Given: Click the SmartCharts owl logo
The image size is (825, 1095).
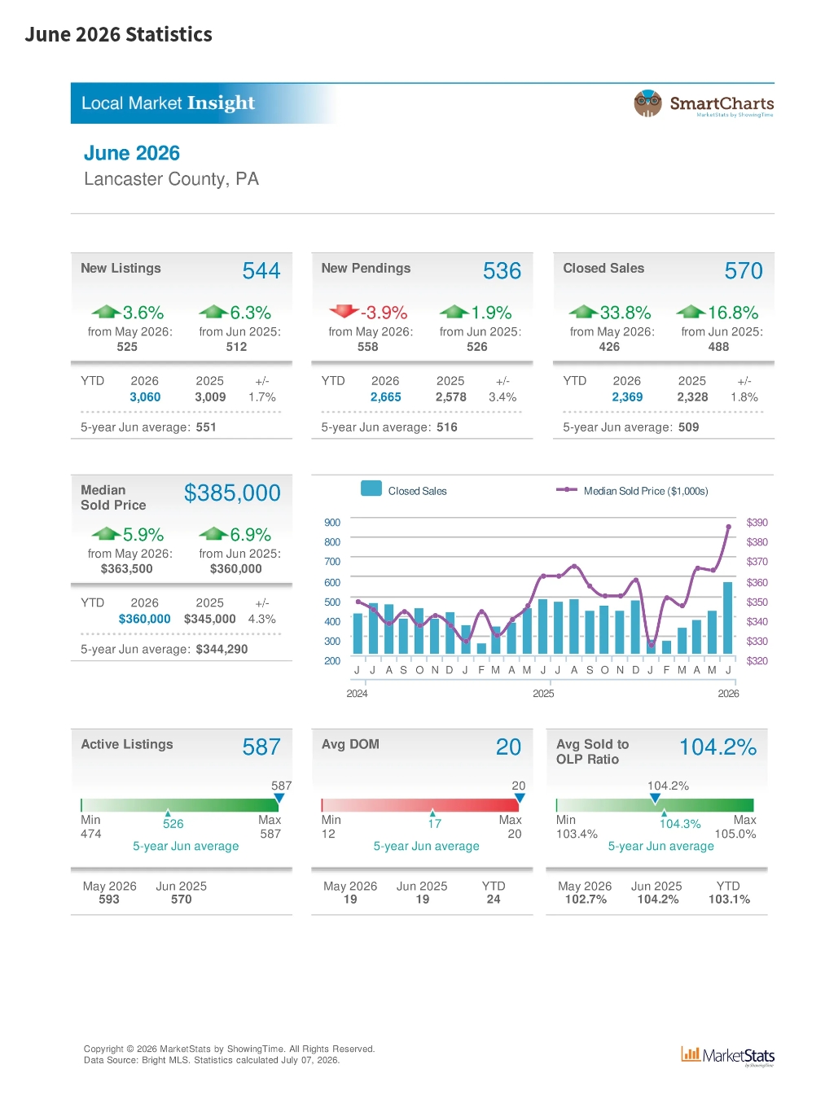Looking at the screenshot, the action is pos(647,103).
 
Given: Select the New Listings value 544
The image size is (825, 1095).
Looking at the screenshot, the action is pos(261,270).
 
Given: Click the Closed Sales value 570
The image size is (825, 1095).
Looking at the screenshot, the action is pos(744,270).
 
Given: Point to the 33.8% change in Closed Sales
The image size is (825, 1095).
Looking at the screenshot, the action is pos(625,313).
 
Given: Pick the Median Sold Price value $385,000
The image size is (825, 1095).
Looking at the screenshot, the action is pos(232,493).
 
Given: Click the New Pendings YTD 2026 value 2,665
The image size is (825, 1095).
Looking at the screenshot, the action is pos(385,396).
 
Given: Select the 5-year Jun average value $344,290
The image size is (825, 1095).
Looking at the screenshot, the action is pos(222,649).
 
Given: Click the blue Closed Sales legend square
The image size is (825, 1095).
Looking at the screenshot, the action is pos(371,488).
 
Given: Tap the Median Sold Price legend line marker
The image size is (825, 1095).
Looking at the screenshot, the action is pos(567,489).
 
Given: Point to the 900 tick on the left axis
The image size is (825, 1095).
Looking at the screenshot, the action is pos(331,522).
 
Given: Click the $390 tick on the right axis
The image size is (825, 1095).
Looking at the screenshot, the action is pos(756,522).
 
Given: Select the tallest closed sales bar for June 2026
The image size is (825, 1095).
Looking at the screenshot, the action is pos(728,618).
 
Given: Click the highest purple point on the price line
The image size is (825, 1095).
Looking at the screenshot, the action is pos(728,526).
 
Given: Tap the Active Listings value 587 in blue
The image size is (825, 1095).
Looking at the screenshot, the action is pos(261,747).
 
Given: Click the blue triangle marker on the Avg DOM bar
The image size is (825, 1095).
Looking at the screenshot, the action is pos(520,798).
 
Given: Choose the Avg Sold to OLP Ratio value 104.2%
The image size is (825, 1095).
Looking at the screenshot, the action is pos(717,747).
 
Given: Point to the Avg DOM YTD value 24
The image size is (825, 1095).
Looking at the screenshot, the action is pos(494,899).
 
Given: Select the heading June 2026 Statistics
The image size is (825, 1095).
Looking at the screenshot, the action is pos(118,34).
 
